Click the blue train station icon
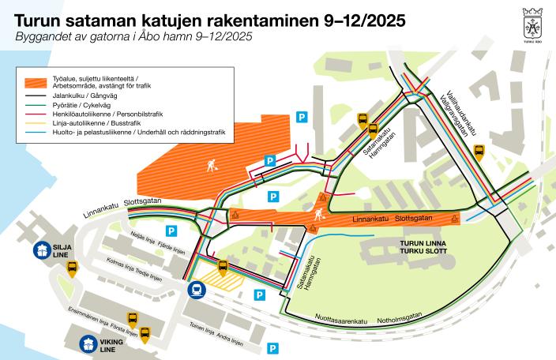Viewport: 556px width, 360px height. click(195, 290)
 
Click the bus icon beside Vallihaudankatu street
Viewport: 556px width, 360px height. click(479, 152)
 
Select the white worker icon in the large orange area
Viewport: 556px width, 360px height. click(211, 166)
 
